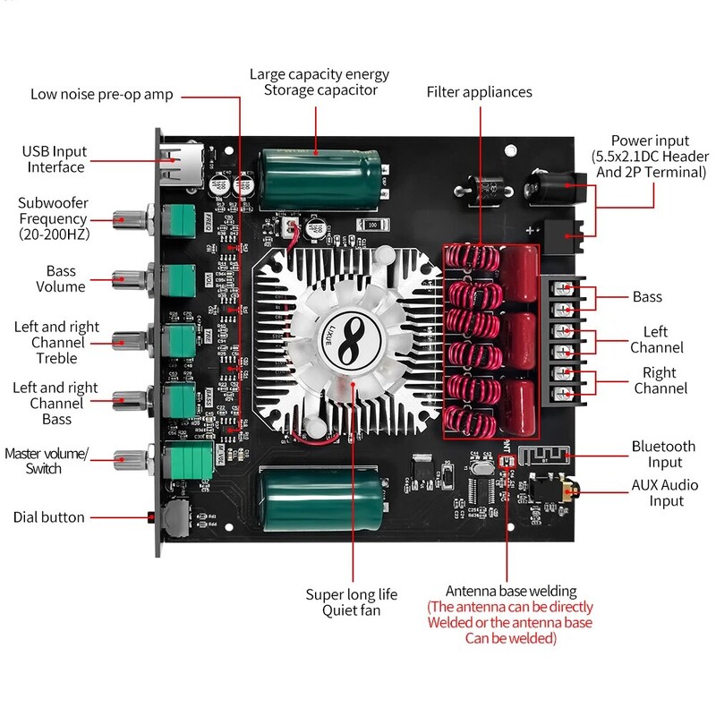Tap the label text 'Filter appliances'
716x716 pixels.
[x=479, y=92]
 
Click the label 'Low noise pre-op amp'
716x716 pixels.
[x=101, y=94]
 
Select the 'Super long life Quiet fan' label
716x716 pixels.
[x=351, y=602]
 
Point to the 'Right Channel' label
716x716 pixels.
[x=661, y=380]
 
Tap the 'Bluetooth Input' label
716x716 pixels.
[x=663, y=454]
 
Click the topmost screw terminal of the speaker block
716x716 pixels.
[x=564, y=289]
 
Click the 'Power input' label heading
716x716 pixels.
[x=650, y=141]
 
